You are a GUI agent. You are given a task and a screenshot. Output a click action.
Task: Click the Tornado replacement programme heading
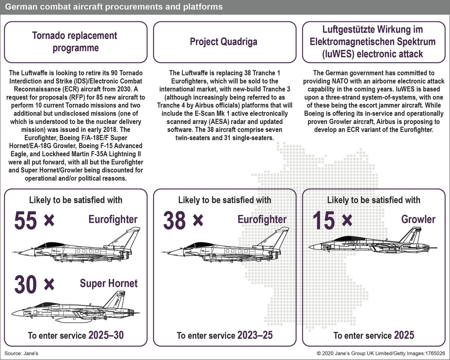pyautogui.click(x=75, y=42)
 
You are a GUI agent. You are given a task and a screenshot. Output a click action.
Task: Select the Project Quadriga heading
pyautogui.click(x=223, y=41)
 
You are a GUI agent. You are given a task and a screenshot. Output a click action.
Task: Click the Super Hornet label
pyautogui.click(x=109, y=284)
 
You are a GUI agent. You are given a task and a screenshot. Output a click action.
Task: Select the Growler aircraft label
pyautogui.click(x=418, y=219)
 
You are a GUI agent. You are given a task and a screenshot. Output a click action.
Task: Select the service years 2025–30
pyautogui.click(x=106, y=335)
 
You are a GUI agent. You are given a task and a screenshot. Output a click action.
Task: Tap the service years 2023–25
pyautogui.click(x=255, y=335)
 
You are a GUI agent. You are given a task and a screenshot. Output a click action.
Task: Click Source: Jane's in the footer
pyautogui.click(x=21, y=353)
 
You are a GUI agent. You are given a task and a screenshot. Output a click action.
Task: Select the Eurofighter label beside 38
pyautogui.click(x=262, y=219)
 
